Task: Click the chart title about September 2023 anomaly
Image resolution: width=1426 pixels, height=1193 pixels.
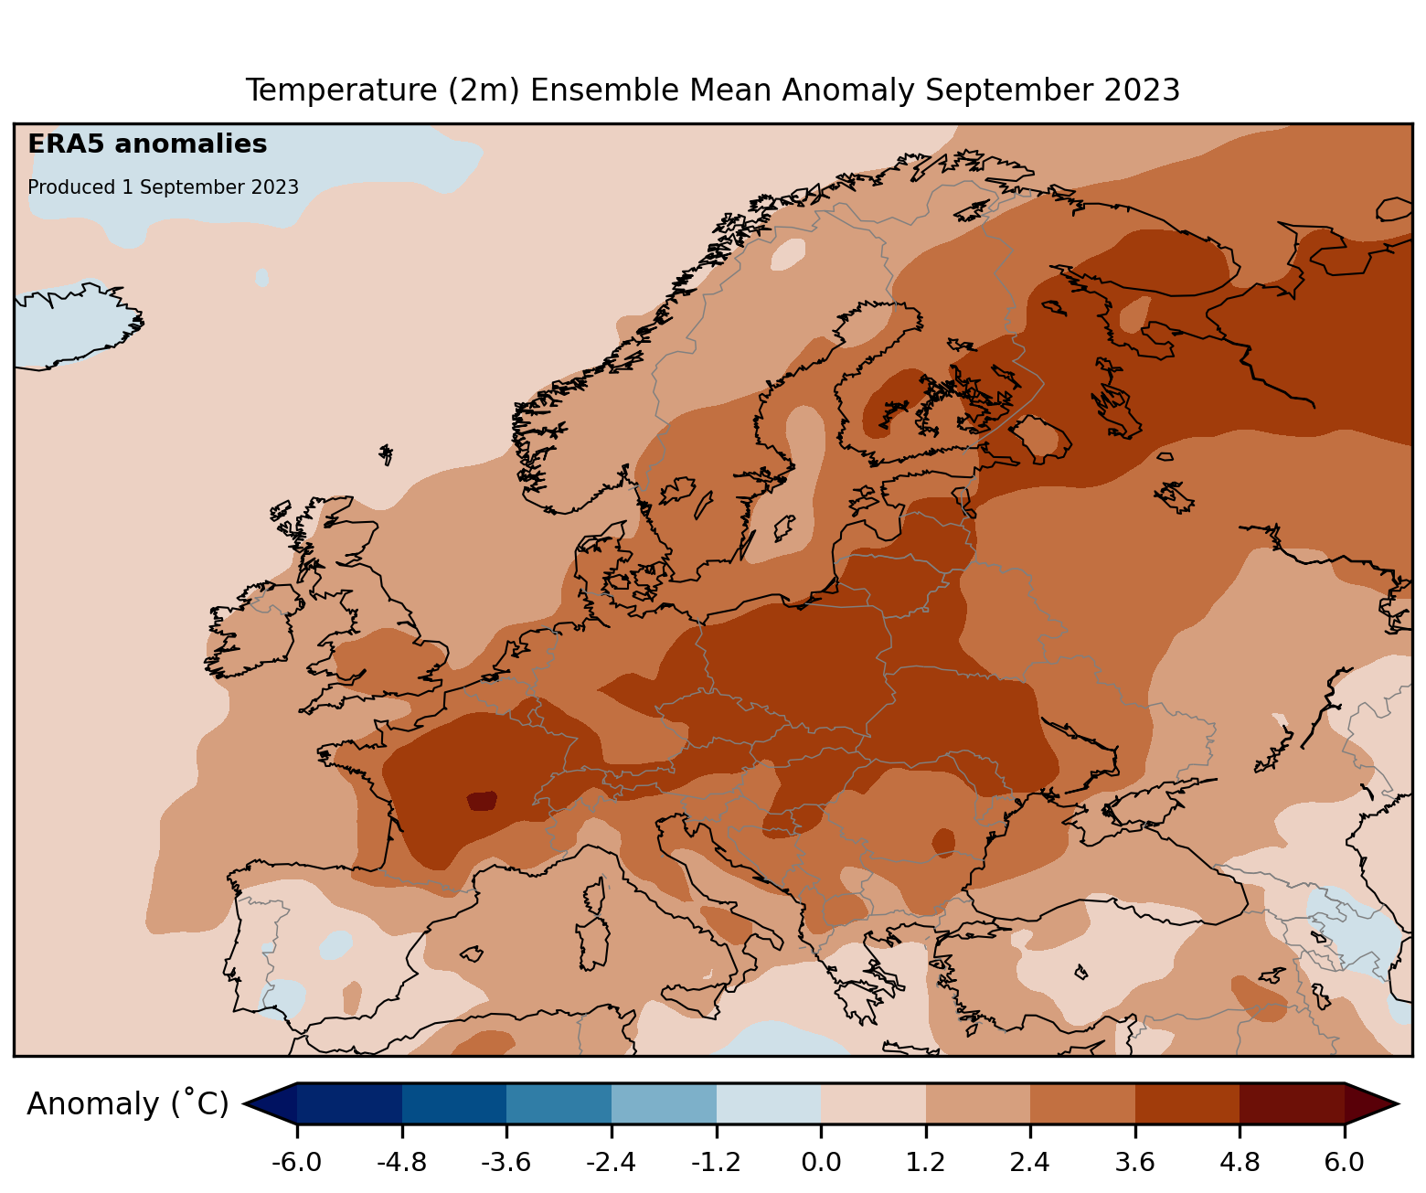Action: (713, 91)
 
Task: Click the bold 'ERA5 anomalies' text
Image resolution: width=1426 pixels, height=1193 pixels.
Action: (147, 144)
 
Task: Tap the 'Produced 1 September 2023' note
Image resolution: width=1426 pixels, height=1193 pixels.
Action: (163, 187)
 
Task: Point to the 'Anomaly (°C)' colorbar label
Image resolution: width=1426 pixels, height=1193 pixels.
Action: (127, 1104)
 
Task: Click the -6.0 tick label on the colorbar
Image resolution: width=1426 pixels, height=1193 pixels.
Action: (297, 1163)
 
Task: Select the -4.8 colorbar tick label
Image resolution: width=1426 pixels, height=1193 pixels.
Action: (402, 1163)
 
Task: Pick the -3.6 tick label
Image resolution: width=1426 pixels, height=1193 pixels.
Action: (506, 1163)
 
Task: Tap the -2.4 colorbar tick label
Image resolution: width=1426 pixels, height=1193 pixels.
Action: (612, 1163)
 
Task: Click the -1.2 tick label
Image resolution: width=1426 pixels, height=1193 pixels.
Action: (716, 1163)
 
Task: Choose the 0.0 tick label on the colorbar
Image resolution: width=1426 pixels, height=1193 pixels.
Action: (821, 1163)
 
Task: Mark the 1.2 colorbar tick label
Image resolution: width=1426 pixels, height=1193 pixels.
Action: (926, 1163)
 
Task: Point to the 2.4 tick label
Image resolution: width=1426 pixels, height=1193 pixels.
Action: (1030, 1163)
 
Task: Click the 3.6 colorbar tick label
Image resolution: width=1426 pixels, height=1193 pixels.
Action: (1135, 1163)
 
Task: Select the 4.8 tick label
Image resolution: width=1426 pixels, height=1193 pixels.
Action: (1240, 1163)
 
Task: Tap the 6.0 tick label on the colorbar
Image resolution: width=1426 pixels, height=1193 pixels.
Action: (1345, 1163)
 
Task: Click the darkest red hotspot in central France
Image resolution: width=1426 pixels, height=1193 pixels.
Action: (482, 801)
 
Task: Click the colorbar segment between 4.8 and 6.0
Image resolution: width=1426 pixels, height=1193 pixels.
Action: (1292, 1103)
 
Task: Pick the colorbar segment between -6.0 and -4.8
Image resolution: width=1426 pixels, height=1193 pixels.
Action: (349, 1103)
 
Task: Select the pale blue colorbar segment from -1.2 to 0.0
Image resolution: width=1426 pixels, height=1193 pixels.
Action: (768, 1103)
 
